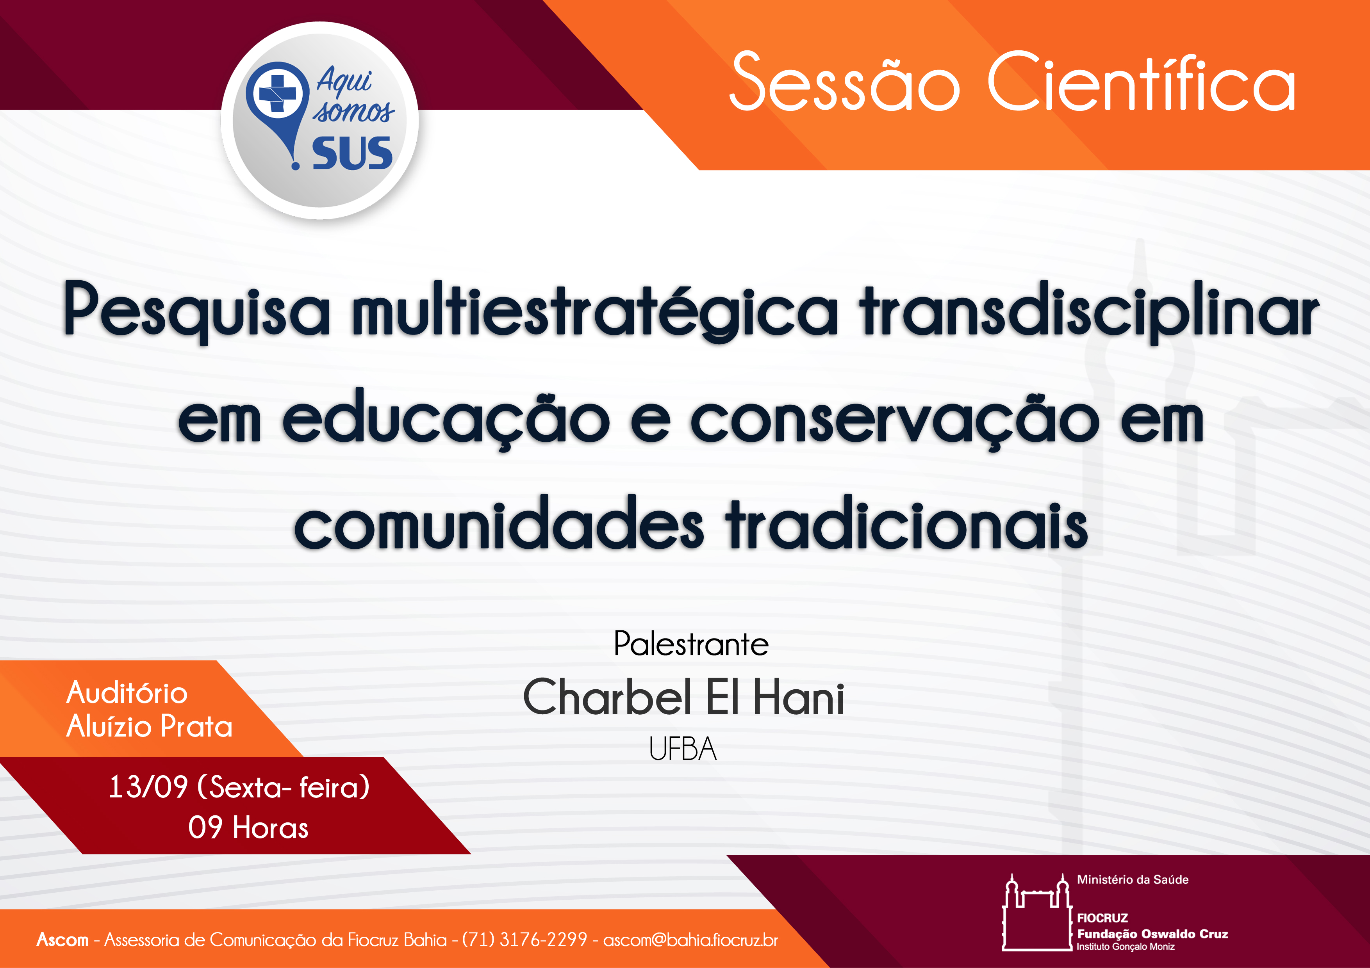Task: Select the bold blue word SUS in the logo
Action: [x=352, y=153]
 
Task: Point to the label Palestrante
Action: [x=691, y=644]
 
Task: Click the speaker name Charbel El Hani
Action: [x=684, y=697]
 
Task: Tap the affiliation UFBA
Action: [x=683, y=749]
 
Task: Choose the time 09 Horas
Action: [x=248, y=828]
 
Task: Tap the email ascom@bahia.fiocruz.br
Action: [x=690, y=940]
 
